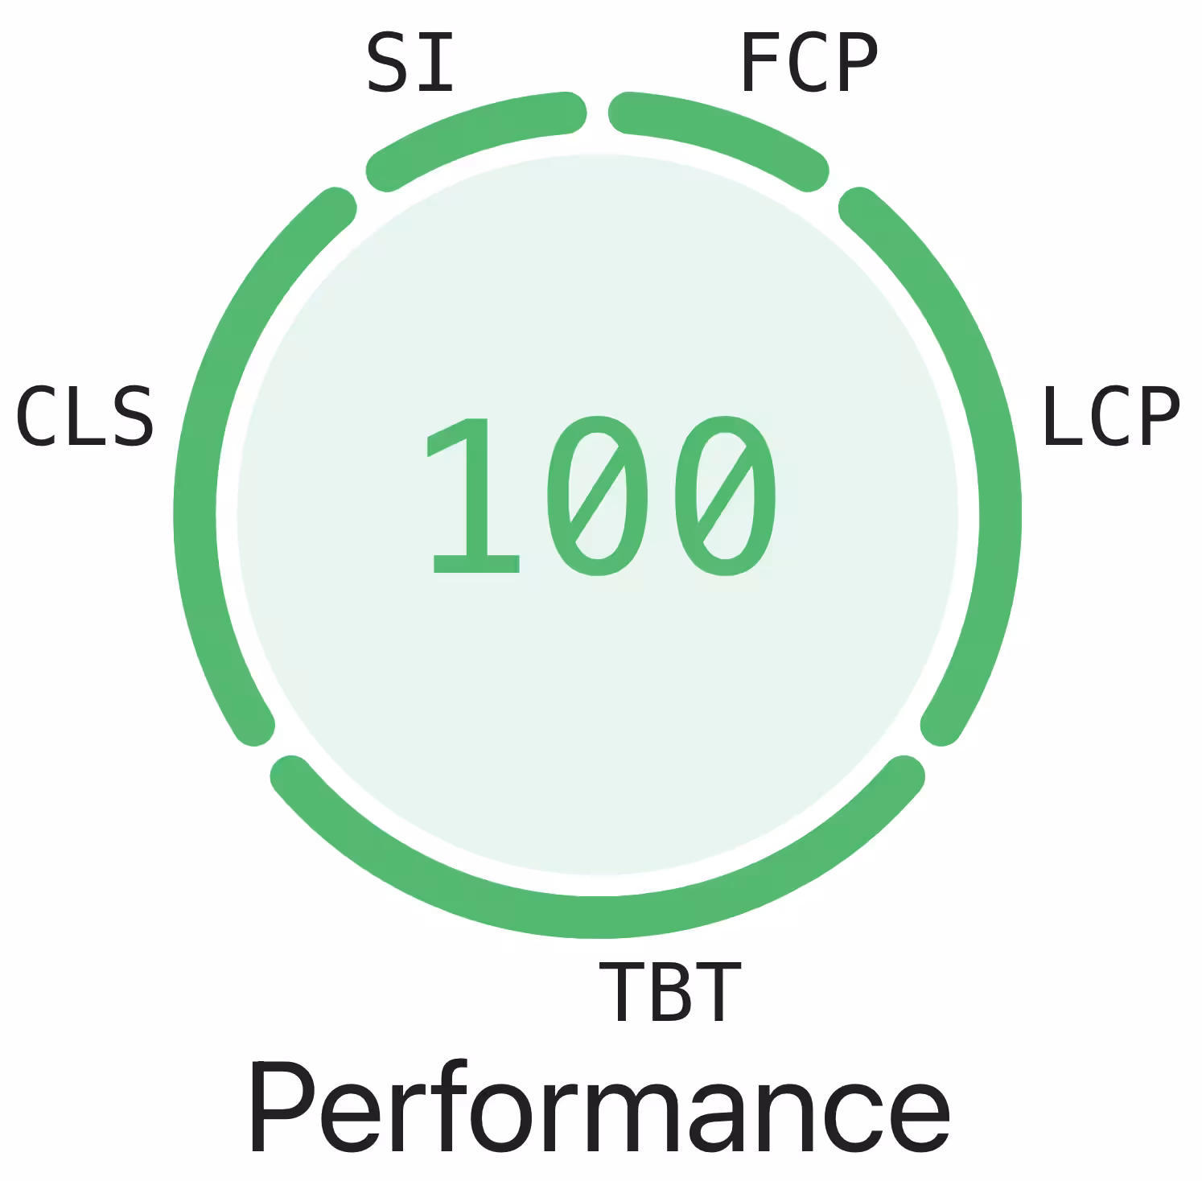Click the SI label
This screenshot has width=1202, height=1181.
(410, 62)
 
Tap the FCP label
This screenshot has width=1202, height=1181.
(808, 63)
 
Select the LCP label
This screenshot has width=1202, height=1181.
(1110, 416)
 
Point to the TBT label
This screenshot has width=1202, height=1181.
(669, 991)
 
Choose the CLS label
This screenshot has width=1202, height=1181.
(84, 417)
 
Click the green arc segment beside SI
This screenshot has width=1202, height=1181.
(475, 133)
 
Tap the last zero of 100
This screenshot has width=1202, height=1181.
(726, 496)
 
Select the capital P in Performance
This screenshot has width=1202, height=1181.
(282, 1109)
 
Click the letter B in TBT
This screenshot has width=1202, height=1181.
(669, 991)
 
